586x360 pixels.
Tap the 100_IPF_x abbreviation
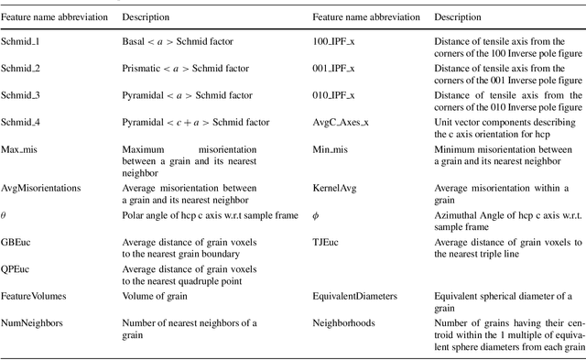click(335, 42)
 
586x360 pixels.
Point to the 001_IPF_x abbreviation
click(335, 69)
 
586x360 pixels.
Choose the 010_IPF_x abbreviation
click(335, 95)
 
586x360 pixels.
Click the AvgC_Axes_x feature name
click(342, 121)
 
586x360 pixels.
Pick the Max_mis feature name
click(21, 147)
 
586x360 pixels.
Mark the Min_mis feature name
click(331, 147)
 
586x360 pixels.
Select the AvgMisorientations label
click(41, 188)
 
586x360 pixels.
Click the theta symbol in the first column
click(5, 214)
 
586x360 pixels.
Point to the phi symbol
click(316, 214)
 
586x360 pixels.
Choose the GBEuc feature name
click(18, 241)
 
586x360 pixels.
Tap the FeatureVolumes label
click(34, 296)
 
